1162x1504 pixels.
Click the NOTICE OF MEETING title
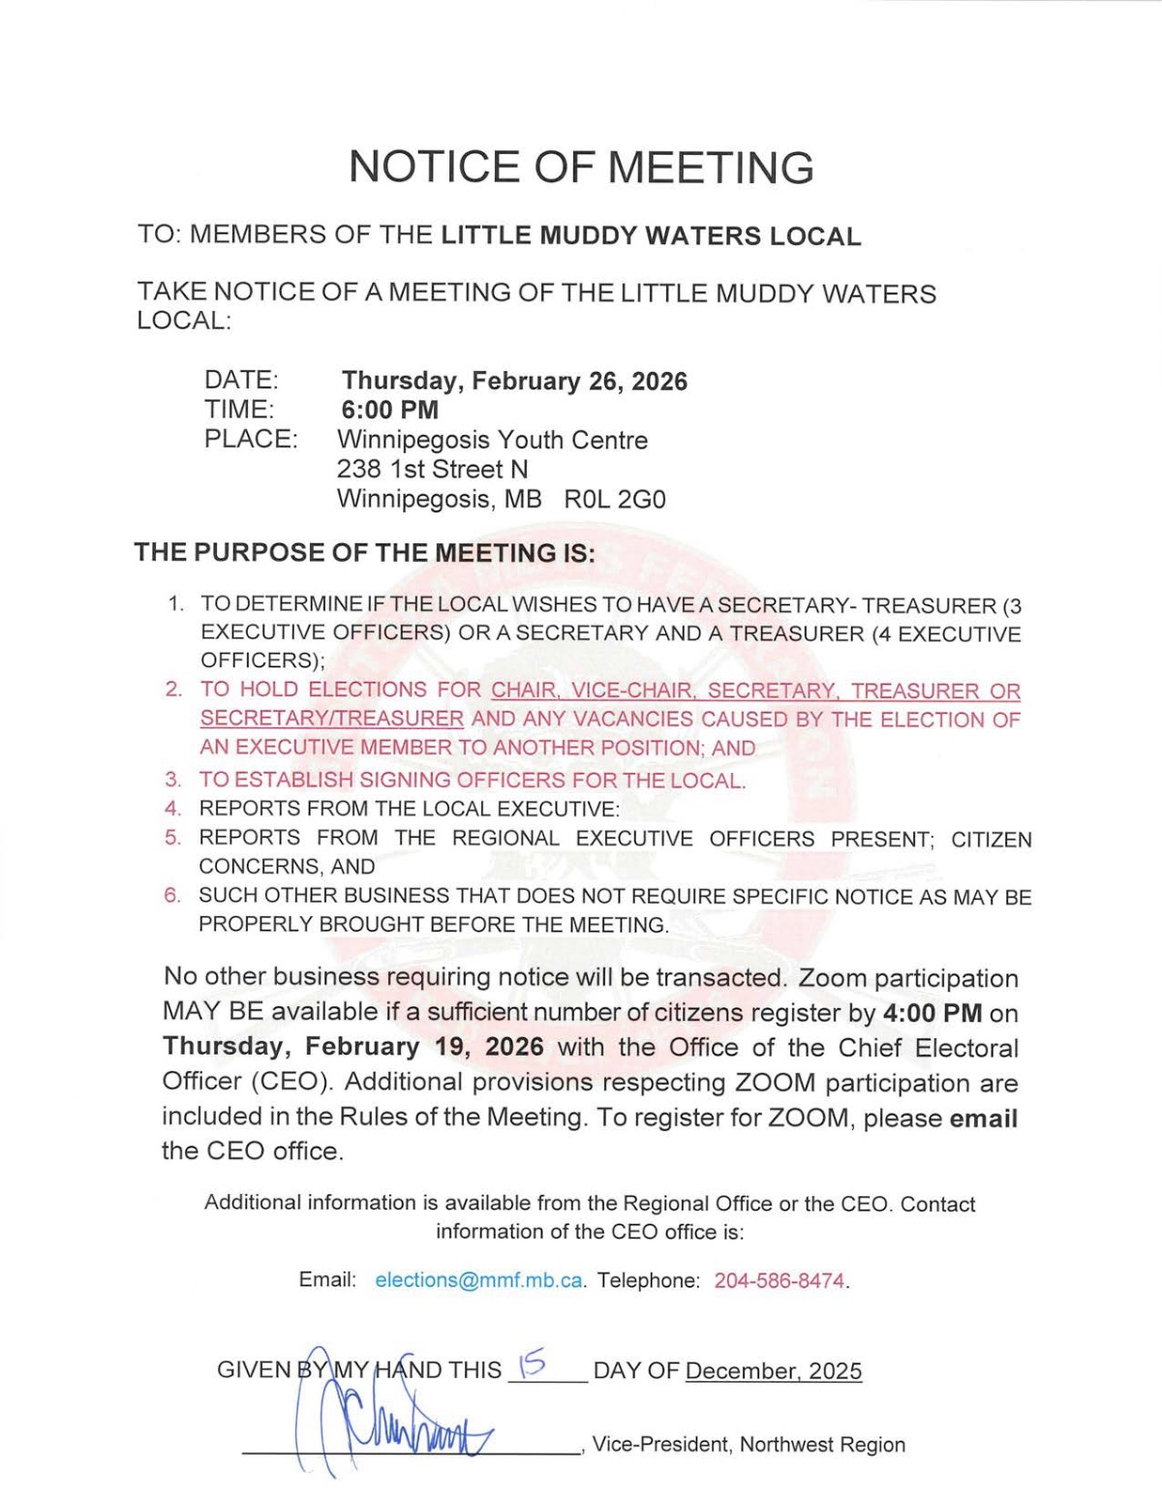(581, 167)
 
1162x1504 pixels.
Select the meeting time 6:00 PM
(389, 410)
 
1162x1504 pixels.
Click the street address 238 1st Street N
(433, 470)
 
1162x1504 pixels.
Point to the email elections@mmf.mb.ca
(478, 1280)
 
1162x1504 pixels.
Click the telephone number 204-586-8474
(780, 1280)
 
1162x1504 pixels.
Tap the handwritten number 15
(533, 1365)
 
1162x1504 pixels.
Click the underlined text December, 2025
(773, 1371)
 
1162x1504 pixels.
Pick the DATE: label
(241, 380)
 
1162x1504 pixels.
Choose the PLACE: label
(251, 439)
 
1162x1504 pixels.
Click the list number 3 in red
(172, 780)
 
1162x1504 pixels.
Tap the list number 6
(172, 896)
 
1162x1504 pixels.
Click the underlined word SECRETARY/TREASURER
(331, 720)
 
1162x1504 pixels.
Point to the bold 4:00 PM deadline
(933, 1014)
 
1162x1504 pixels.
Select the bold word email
(983, 1119)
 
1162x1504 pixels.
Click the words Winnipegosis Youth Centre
(492, 440)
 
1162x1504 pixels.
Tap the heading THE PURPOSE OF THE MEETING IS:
(364, 553)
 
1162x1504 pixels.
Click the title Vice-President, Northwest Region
(749, 1445)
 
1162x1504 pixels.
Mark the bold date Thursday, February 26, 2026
(514, 381)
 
